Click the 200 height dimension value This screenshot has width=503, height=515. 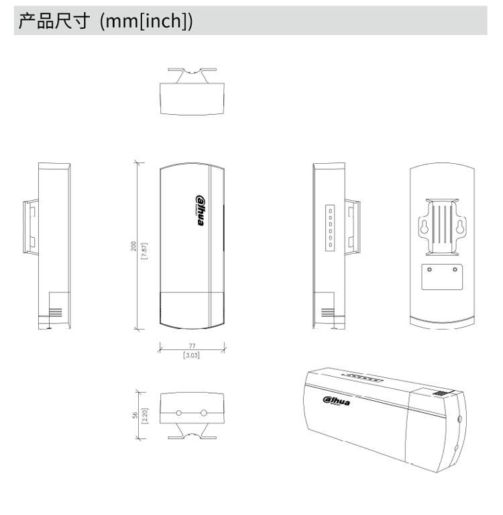133,246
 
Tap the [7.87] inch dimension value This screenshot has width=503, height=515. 144,251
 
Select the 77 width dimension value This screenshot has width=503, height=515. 192,346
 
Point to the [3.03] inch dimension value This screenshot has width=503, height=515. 191,355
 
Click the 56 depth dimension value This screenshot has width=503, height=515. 135,416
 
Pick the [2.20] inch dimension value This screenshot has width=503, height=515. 145,416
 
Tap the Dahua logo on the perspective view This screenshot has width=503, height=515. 336,401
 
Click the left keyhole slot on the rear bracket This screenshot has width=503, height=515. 425,227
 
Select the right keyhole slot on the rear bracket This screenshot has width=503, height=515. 460,227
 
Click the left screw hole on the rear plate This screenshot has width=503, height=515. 429,270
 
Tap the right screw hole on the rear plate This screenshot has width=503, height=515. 455,270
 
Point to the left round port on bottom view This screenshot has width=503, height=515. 179,413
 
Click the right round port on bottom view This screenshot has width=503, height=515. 204,413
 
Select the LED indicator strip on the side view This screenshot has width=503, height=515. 330,228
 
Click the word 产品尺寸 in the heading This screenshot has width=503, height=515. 54,21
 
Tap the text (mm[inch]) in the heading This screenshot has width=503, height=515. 146,21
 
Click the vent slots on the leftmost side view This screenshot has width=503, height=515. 55,312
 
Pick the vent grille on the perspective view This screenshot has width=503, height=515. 440,393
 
